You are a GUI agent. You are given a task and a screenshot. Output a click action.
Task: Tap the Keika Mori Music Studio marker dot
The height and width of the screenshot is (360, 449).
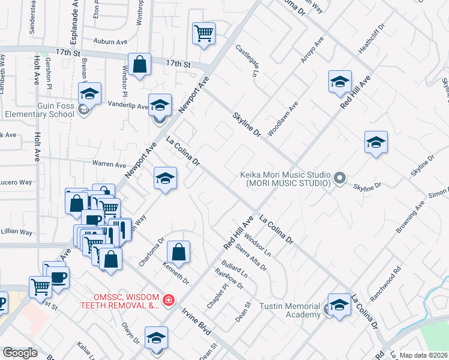point(340,178)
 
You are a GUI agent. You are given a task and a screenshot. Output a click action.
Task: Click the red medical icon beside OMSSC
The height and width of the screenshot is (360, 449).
point(169,299)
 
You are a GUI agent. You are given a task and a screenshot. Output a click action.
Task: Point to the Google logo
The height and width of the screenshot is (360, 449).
point(20,353)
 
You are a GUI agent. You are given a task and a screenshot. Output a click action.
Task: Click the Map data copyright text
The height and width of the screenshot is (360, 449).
point(423,355)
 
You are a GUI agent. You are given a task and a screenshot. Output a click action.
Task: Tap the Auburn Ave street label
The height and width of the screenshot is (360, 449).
point(111,42)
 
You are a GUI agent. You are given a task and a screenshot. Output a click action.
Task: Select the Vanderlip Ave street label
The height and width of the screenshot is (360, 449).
point(127,106)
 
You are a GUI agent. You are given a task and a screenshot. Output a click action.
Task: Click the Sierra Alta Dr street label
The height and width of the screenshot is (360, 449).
point(251,257)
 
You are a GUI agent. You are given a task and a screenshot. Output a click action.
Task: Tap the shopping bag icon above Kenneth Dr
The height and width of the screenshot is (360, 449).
point(178,251)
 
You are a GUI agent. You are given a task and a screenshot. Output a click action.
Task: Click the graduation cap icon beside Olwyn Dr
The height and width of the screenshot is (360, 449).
point(156,338)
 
